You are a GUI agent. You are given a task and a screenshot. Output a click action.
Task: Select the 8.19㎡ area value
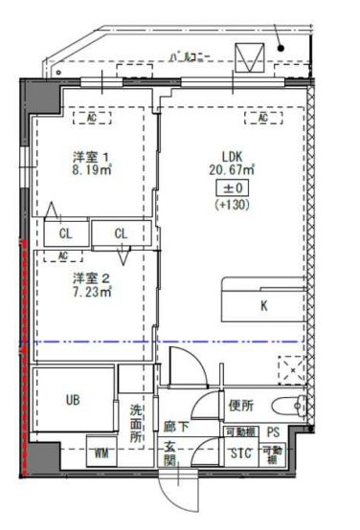point(92,172)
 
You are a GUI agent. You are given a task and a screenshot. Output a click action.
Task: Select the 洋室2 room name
point(92,278)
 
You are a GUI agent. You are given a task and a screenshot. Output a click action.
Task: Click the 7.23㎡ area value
point(92,294)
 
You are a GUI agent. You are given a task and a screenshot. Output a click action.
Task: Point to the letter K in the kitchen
point(262,307)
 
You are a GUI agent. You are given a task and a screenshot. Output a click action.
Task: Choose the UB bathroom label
point(74,399)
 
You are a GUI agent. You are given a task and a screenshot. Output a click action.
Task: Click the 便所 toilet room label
point(241,405)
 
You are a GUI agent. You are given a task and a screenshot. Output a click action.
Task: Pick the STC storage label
point(239,453)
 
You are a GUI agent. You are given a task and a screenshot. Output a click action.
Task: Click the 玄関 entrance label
point(169,455)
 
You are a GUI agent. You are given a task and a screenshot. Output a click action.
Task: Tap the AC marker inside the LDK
point(260,118)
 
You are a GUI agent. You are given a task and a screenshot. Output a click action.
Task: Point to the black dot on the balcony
point(281,46)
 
